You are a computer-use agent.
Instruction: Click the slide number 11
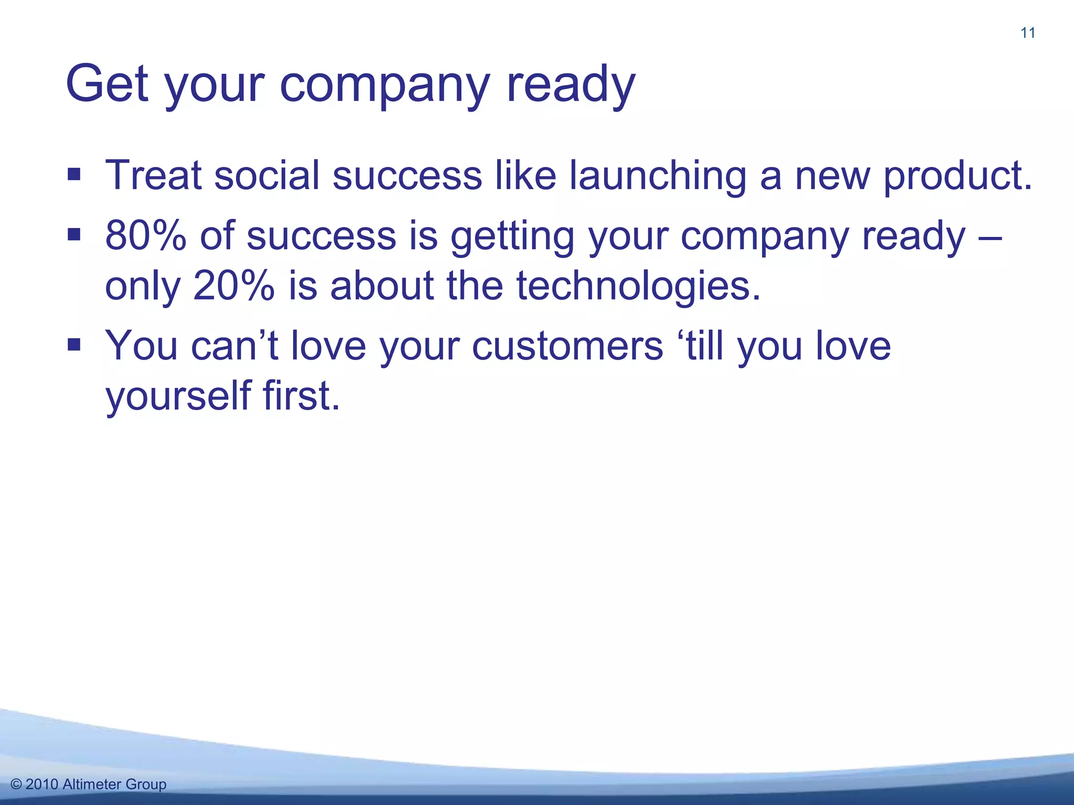coord(1028,33)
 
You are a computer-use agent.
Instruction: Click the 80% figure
coord(146,236)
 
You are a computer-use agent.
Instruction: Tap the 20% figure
coord(233,286)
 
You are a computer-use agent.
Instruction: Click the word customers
coord(567,346)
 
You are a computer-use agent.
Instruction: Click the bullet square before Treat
coord(74,173)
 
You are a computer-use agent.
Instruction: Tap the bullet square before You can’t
coord(74,344)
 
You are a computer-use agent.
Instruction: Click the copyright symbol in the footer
coord(16,785)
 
